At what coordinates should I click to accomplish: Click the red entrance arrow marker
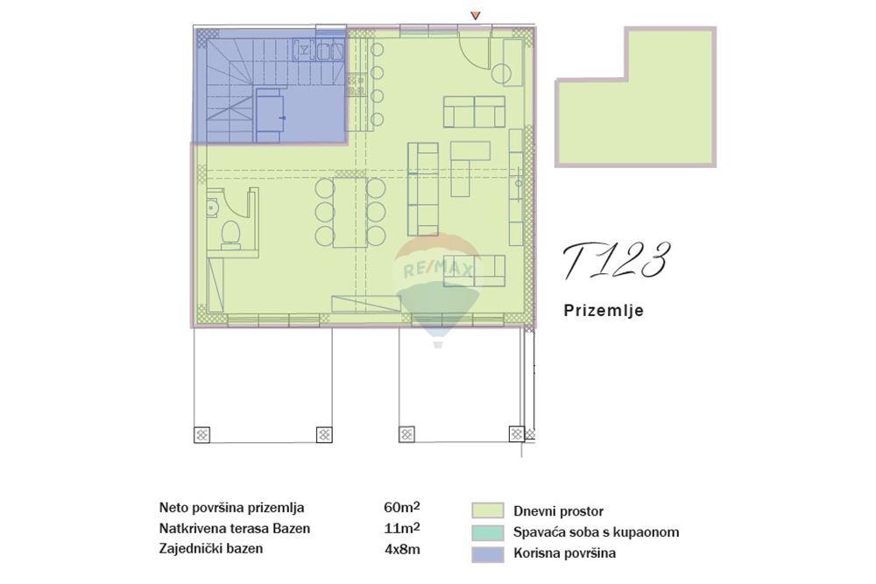click(476, 16)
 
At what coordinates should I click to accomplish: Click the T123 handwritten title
click(616, 261)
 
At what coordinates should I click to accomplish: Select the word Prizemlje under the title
click(603, 310)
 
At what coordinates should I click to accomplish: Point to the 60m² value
click(402, 508)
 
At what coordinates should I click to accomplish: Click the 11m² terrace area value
click(401, 528)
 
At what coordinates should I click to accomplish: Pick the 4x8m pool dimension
click(401, 549)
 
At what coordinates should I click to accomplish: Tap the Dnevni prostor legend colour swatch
click(487, 510)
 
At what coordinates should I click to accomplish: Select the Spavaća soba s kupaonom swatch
click(487, 531)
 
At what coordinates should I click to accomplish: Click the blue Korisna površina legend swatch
click(487, 552)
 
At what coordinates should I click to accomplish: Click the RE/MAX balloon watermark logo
click(437, 280)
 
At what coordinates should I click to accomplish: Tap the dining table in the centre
click(350, 211)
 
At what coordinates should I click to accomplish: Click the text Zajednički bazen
click(211, 549)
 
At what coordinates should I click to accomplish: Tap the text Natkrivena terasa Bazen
click(235, 528)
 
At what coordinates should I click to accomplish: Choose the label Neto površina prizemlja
click(232, 508)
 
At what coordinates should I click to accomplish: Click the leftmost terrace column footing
click(202, 433)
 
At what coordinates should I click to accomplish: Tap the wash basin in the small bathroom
click(212, 207)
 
